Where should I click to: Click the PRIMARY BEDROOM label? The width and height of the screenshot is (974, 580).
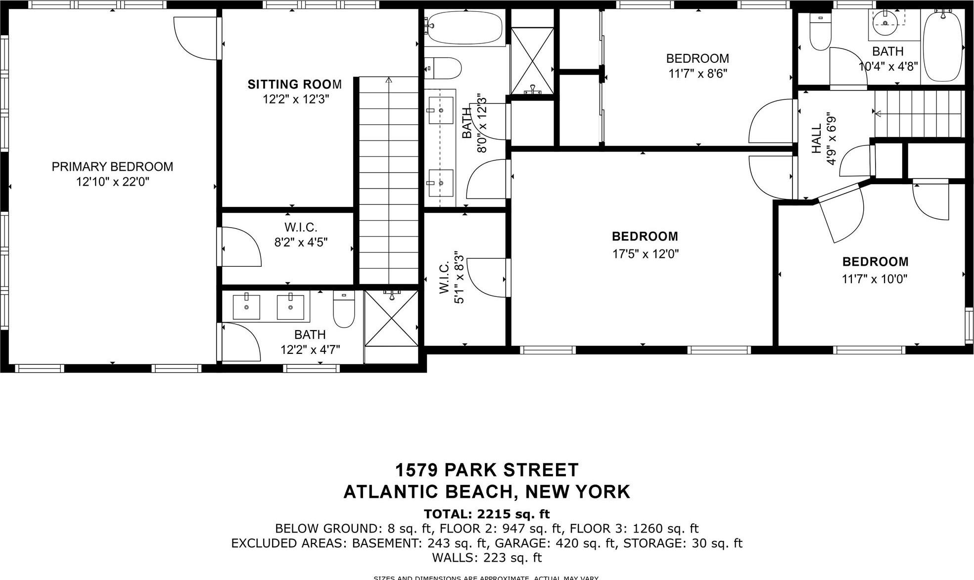click(x=112, y=167)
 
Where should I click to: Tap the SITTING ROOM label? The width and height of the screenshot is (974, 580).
click(x=294, y=84)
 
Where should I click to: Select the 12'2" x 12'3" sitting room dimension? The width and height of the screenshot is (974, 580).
click(x=295, y=99)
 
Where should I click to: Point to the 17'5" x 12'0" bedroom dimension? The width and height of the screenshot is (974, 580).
click(x=645, y=254)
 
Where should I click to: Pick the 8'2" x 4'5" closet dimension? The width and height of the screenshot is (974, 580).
click(x=301, y=242)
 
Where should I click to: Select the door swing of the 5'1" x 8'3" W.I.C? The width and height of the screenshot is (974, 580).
click(x=486, y=278)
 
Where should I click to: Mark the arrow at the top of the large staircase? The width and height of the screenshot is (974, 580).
click(x=389, y=80)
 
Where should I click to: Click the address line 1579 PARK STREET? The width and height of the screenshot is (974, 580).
click(x=487, y=470)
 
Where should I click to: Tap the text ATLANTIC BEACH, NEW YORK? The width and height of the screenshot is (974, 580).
click(x=487, y=492)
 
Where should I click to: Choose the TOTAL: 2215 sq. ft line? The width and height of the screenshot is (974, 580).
click(x=487, y=514)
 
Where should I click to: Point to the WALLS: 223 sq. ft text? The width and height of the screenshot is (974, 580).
click(x=487, y=558)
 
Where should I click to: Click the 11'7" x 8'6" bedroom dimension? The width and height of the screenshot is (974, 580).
click(x=697, y=74)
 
